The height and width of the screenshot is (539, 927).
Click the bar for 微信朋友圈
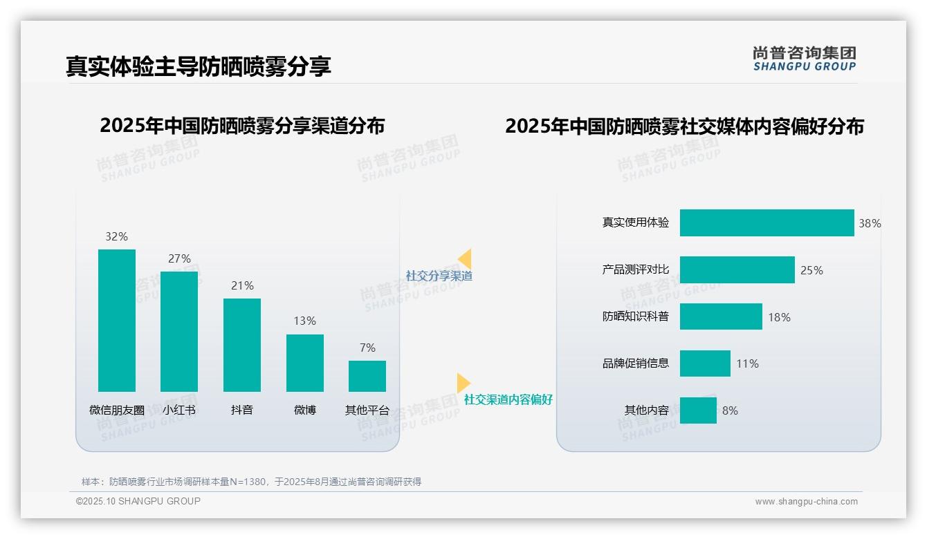coord(117,321)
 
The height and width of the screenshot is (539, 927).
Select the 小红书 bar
coord(179,332)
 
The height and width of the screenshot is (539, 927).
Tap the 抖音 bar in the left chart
coord(242,345)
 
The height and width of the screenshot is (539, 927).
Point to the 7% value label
coord(367,348)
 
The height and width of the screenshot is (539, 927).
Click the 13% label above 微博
coord(304,321)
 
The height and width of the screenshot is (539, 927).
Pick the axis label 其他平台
coord(367,410)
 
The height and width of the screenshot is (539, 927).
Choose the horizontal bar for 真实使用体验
coord(767,223)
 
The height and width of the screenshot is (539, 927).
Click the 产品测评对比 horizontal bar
coord(737,270)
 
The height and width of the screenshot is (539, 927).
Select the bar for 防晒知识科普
coord(721,317)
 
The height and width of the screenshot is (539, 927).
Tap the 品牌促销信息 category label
coord(635,363)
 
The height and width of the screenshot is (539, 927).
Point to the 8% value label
coord(730,410)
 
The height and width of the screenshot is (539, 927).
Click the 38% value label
coord(870,223)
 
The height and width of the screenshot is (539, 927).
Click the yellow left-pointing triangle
coord(465,259)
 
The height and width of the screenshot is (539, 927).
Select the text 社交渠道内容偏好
coord(508,399)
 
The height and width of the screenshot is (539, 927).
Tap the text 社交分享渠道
coord(439,276)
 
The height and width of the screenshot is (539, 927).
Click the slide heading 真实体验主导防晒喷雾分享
coord(199,66)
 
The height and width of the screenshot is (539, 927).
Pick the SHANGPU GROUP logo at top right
coord(805,59)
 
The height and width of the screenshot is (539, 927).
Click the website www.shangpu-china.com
coord(806,502)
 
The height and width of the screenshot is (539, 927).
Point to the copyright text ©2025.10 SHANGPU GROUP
coord(138,501)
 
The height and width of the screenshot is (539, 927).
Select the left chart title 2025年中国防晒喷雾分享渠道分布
coord(242,126)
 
